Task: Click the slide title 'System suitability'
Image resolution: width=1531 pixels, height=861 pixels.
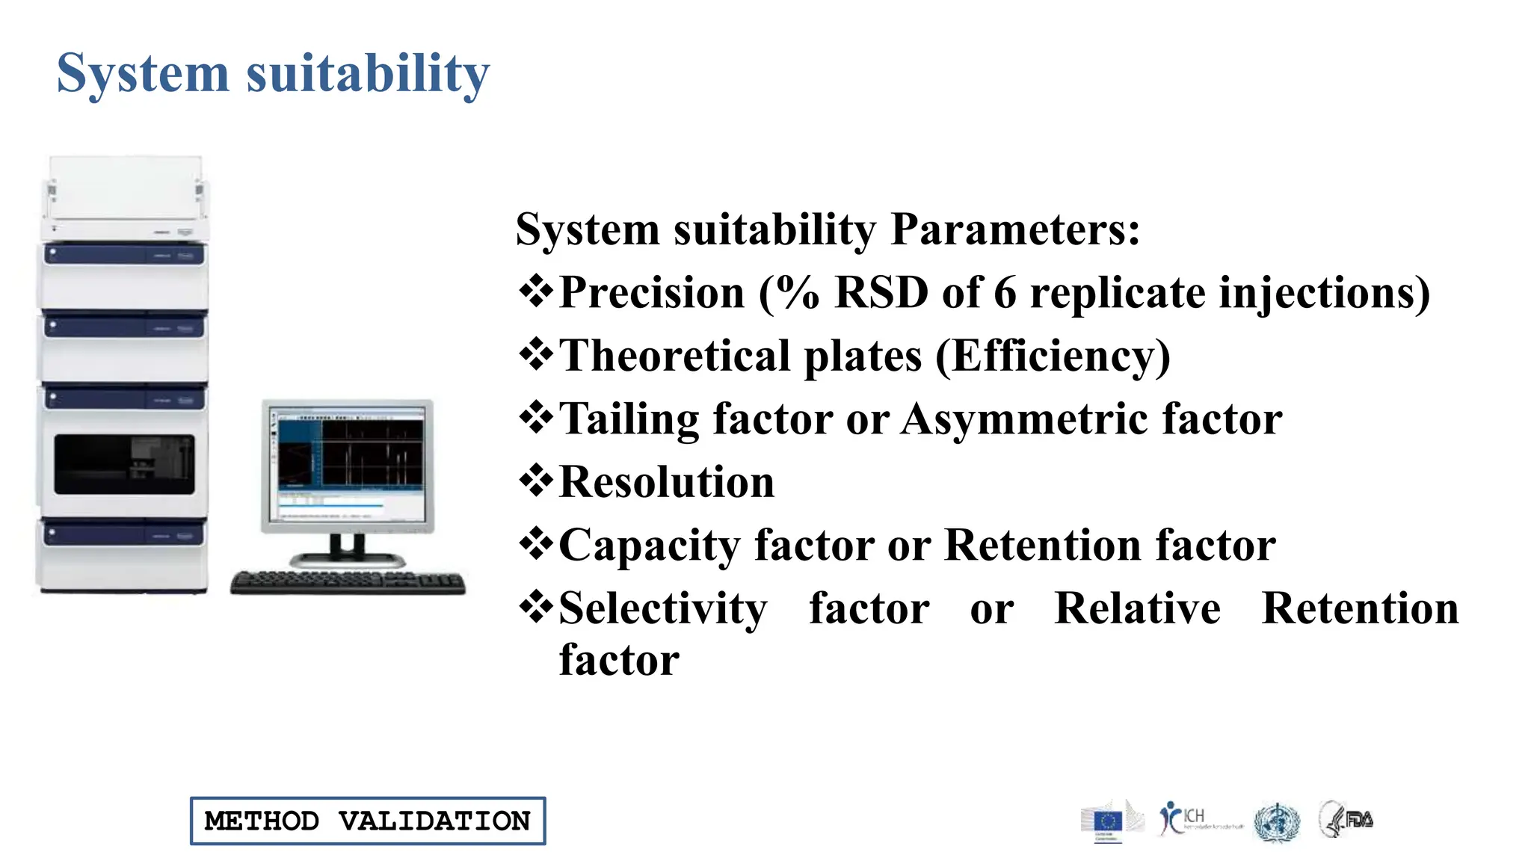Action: click(x=273, y=73)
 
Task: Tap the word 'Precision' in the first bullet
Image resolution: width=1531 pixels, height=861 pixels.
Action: click(x=652, y=292)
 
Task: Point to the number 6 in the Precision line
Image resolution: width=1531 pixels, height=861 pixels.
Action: click(x=1005, y=292)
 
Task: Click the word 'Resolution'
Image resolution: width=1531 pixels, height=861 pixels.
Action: click(x=667, y=482)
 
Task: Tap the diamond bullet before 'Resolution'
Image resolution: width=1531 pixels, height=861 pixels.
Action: click(x=536, y=481)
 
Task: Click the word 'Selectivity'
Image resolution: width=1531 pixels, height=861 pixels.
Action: click(x=663, y=608)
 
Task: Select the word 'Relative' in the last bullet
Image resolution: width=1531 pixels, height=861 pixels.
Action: click(x=1137, y=608)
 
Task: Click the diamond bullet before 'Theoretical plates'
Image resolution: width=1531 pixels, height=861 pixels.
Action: click(x=536, y=354)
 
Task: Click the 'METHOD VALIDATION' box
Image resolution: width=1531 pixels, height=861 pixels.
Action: click(x=368, y=821)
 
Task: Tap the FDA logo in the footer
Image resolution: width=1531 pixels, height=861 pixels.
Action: click(x=1346, y=819)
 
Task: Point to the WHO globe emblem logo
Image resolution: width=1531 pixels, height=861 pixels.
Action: click(x=1277, y=822)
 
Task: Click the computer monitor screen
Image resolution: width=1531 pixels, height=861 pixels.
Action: click(x=348, y=465)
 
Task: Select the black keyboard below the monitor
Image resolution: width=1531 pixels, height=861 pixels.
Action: click(x=348, y=582)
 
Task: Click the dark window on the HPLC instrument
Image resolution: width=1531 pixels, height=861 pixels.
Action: click(x=125, y=464)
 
